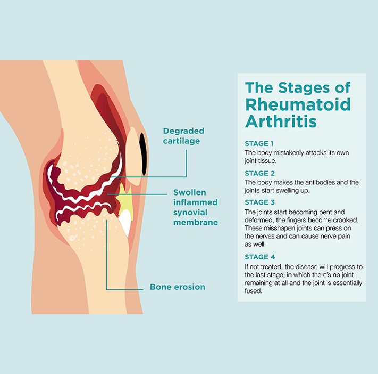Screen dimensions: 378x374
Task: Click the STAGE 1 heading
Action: pos(259,144)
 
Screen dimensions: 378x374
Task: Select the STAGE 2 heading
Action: pos(259,173)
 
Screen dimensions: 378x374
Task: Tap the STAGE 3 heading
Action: pos(259,202)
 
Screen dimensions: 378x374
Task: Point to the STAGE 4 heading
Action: pos(259,257)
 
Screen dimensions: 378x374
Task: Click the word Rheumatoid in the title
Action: pos(298,104)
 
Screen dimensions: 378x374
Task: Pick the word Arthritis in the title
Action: pos(281,121)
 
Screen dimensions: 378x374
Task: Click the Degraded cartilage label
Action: pos(183,136)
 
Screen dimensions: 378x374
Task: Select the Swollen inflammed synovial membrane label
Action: pos(196,207)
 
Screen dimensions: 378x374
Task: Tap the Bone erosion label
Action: pos(177,287)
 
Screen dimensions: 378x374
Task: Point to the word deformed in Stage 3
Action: pos(258,219)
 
